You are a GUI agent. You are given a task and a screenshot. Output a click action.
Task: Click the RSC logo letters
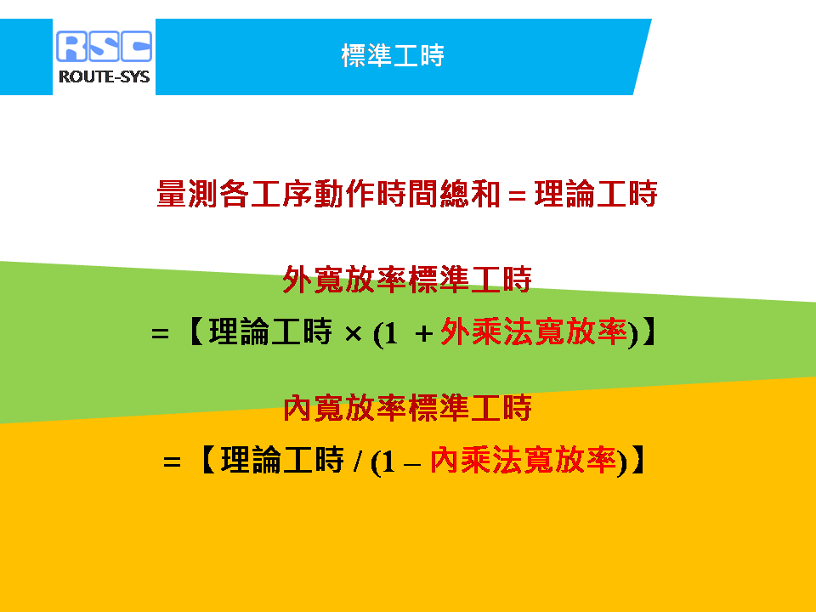point(104,46)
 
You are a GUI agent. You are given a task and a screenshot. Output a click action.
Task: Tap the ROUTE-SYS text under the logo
point(104,76)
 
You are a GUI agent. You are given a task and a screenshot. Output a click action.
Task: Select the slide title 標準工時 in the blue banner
point(393,55)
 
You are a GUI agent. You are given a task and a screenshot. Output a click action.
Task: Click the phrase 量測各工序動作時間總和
point(328,194)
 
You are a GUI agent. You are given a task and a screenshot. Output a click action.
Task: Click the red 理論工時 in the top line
point(596,194)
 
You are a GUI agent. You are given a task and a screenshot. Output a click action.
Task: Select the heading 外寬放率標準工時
point(407,280)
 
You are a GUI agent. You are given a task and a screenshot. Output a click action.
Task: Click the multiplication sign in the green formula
point(354,333)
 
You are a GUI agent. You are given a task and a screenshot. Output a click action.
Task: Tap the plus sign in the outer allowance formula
point(424,333)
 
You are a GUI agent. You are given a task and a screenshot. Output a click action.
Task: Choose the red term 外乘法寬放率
point(534,331)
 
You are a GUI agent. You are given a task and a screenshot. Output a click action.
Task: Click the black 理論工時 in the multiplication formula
point(270,331)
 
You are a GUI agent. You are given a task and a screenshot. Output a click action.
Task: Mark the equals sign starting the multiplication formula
point(161,333)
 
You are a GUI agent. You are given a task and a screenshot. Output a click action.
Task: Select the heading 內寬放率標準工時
point(407,407)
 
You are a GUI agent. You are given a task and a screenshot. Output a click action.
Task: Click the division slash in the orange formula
point(357,461)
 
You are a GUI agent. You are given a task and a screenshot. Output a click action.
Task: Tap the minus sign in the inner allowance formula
point(411,464)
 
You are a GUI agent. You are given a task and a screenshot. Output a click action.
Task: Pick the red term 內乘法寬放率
point(523,460)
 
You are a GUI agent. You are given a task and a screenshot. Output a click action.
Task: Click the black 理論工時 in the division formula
point(282,460)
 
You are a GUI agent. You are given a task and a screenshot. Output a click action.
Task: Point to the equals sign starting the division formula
point(172,462)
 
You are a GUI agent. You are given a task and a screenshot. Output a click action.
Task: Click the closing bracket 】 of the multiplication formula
point(649,331)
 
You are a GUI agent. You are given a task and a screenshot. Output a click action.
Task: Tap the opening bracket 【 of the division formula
point(207,460)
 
